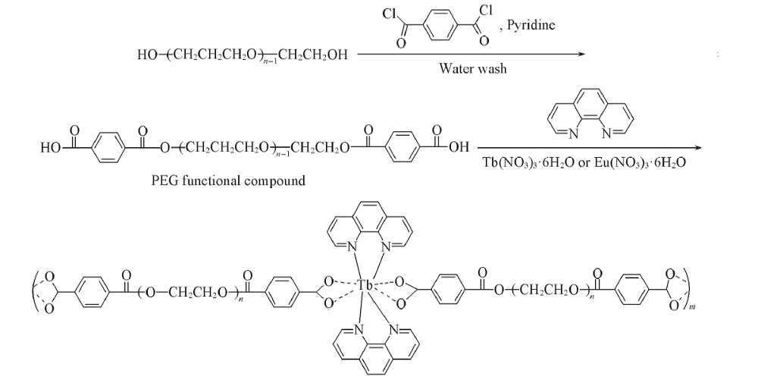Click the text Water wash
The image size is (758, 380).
coord(473,69)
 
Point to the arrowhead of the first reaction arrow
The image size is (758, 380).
coord(582,54)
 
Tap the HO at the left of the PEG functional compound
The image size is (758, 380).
coord(50,148)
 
